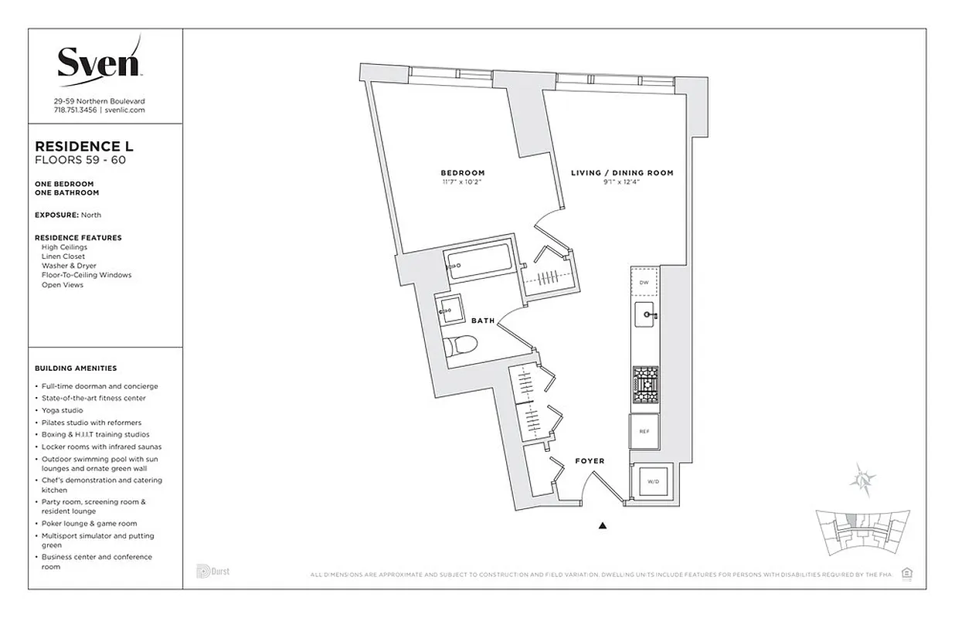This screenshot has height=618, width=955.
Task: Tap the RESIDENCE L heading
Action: [x=79, y=145]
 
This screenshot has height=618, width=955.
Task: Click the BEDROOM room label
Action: [x=463, y=172]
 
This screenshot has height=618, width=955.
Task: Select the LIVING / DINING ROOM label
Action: [x=622, y=173]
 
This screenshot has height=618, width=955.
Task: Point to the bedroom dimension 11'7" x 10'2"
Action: [x=463, y=182]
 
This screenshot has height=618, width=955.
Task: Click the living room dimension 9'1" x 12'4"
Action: [x=622, y=182]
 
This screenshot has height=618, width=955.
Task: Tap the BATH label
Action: [x=483, y=321]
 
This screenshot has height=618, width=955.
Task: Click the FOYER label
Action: [x=590, y=461]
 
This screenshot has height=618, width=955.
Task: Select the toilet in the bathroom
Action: [x=461, y=345]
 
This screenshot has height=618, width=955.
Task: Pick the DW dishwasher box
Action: [x=644, y=283]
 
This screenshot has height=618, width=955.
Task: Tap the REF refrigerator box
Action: [x=644, y=432]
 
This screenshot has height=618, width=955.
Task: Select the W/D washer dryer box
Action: [x=653, y=481]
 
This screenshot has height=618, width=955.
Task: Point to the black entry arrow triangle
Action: [x=603, y=527]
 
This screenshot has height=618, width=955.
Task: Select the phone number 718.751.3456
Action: [x=75, y=110]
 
